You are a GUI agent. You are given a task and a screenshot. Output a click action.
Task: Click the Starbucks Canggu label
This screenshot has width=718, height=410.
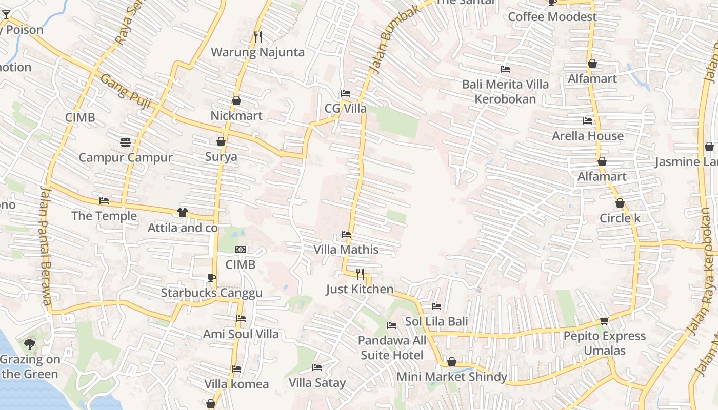click(x=212, y=293)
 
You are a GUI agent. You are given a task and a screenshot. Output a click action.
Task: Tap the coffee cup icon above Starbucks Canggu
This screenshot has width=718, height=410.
click(x=211, y=278)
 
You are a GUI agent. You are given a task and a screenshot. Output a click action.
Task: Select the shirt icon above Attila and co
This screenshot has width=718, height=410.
click(x=183, y=213)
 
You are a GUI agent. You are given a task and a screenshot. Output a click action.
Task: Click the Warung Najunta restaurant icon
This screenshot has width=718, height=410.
click(x=258, y=37)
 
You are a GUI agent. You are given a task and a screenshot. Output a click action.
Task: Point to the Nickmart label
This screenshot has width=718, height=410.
click(x=236, y=116)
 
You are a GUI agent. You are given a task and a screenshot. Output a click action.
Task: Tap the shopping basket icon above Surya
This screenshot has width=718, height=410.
click(x=221, y=141)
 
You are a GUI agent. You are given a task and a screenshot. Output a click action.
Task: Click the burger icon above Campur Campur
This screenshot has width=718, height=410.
click(x=126, y=142)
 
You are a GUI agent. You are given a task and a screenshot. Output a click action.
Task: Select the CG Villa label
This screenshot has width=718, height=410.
click(x=346, y=109)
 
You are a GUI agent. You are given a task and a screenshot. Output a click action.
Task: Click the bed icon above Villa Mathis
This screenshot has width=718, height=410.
click(x=346, y=235)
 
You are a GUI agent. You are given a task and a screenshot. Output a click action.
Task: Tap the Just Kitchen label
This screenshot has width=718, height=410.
click(x=360, y=290)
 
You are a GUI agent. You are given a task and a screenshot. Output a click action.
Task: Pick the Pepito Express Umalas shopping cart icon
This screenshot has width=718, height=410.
click(x=605, y=321)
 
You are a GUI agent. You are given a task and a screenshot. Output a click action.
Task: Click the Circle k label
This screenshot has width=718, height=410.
click(x=620, y=218)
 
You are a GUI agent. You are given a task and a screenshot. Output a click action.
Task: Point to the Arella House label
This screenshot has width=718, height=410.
click(x=588, y=136)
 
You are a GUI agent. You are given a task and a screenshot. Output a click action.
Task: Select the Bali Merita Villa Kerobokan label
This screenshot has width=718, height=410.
click(x=505, y=92)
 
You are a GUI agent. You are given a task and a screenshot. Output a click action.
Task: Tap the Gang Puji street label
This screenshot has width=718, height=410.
click(x=126, y=91)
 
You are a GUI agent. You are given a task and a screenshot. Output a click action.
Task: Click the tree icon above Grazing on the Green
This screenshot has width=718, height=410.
click(x=30, y=344)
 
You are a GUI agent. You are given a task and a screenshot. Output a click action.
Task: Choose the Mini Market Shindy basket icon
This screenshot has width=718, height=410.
click(x=452, y=362)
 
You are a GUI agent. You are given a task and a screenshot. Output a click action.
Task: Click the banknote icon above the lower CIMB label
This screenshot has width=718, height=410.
click(x=241, y=250)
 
